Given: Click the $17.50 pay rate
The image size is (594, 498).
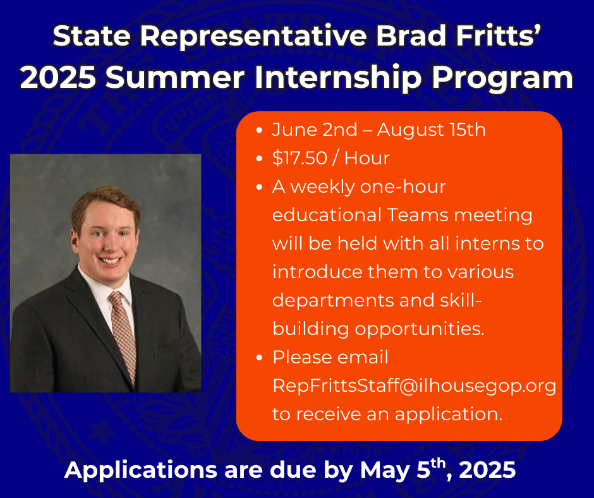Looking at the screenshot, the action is point(300,158).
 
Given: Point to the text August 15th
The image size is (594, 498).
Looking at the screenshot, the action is point(431,130).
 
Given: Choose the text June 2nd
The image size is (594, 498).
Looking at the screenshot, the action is point(315,130).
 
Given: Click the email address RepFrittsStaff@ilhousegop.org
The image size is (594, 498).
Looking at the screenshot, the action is point(414,386).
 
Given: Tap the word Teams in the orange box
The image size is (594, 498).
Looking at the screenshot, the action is point(416,215).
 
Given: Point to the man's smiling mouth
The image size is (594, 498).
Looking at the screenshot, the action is point(111,260).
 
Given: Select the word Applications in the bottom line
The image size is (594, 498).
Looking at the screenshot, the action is point(141,470).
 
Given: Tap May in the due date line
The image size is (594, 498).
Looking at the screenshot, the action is point(384,470).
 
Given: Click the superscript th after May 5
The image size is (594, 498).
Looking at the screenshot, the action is point(438,463).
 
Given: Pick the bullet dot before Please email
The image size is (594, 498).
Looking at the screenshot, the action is point(259,358).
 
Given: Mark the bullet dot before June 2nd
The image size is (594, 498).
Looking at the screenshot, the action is point(259,130).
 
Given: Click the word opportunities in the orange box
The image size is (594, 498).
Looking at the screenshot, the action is point(420,329).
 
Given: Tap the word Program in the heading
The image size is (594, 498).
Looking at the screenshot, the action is point(502,77).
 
